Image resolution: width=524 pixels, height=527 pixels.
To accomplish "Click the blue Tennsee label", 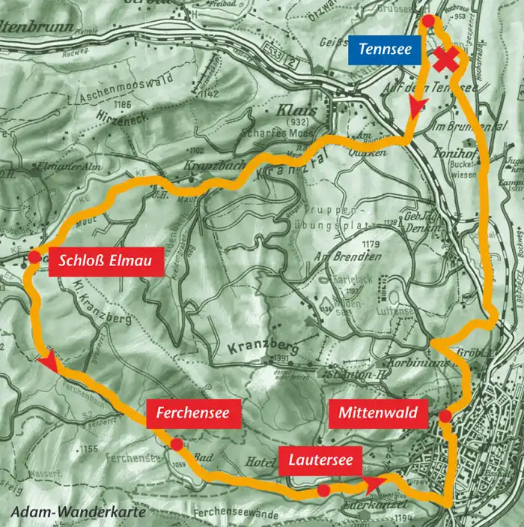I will tap(383, 50).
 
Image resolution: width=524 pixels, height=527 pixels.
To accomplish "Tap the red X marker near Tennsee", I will tap(447, 61).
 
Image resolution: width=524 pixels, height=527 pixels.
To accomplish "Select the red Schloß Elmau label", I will tap(105, 262).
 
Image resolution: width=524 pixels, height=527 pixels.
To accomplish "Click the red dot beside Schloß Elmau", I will tap(34, 258).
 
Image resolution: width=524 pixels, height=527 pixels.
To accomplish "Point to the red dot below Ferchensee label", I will tap(176, 445).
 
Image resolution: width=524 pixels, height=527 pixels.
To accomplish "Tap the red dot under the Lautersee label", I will tap(323, 490).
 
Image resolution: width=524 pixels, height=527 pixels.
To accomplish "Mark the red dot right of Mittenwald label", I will tap(445, 416).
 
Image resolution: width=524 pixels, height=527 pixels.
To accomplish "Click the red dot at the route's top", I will tap(427, 21).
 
